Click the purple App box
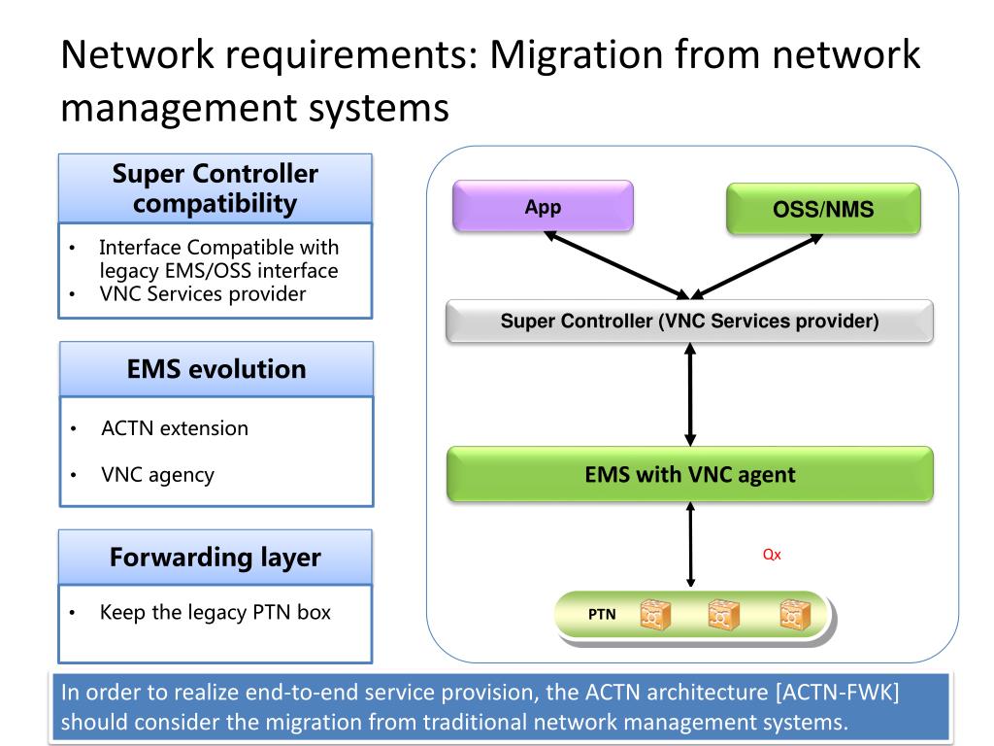click(543, 207)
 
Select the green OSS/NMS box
click(823, 209)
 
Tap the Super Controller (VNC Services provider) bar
click(689, 322)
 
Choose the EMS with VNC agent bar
click(689, 475)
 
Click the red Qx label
click(772, 556)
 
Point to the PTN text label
click(602, 615)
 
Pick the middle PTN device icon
click(723, 615)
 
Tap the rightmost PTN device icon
click(795, 615)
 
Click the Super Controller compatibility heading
click(215, 188)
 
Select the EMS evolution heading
click(215, 369)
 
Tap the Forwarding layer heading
click(215, 558)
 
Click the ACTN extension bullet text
click(175, 428)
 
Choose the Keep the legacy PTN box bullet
click(215, 613)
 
